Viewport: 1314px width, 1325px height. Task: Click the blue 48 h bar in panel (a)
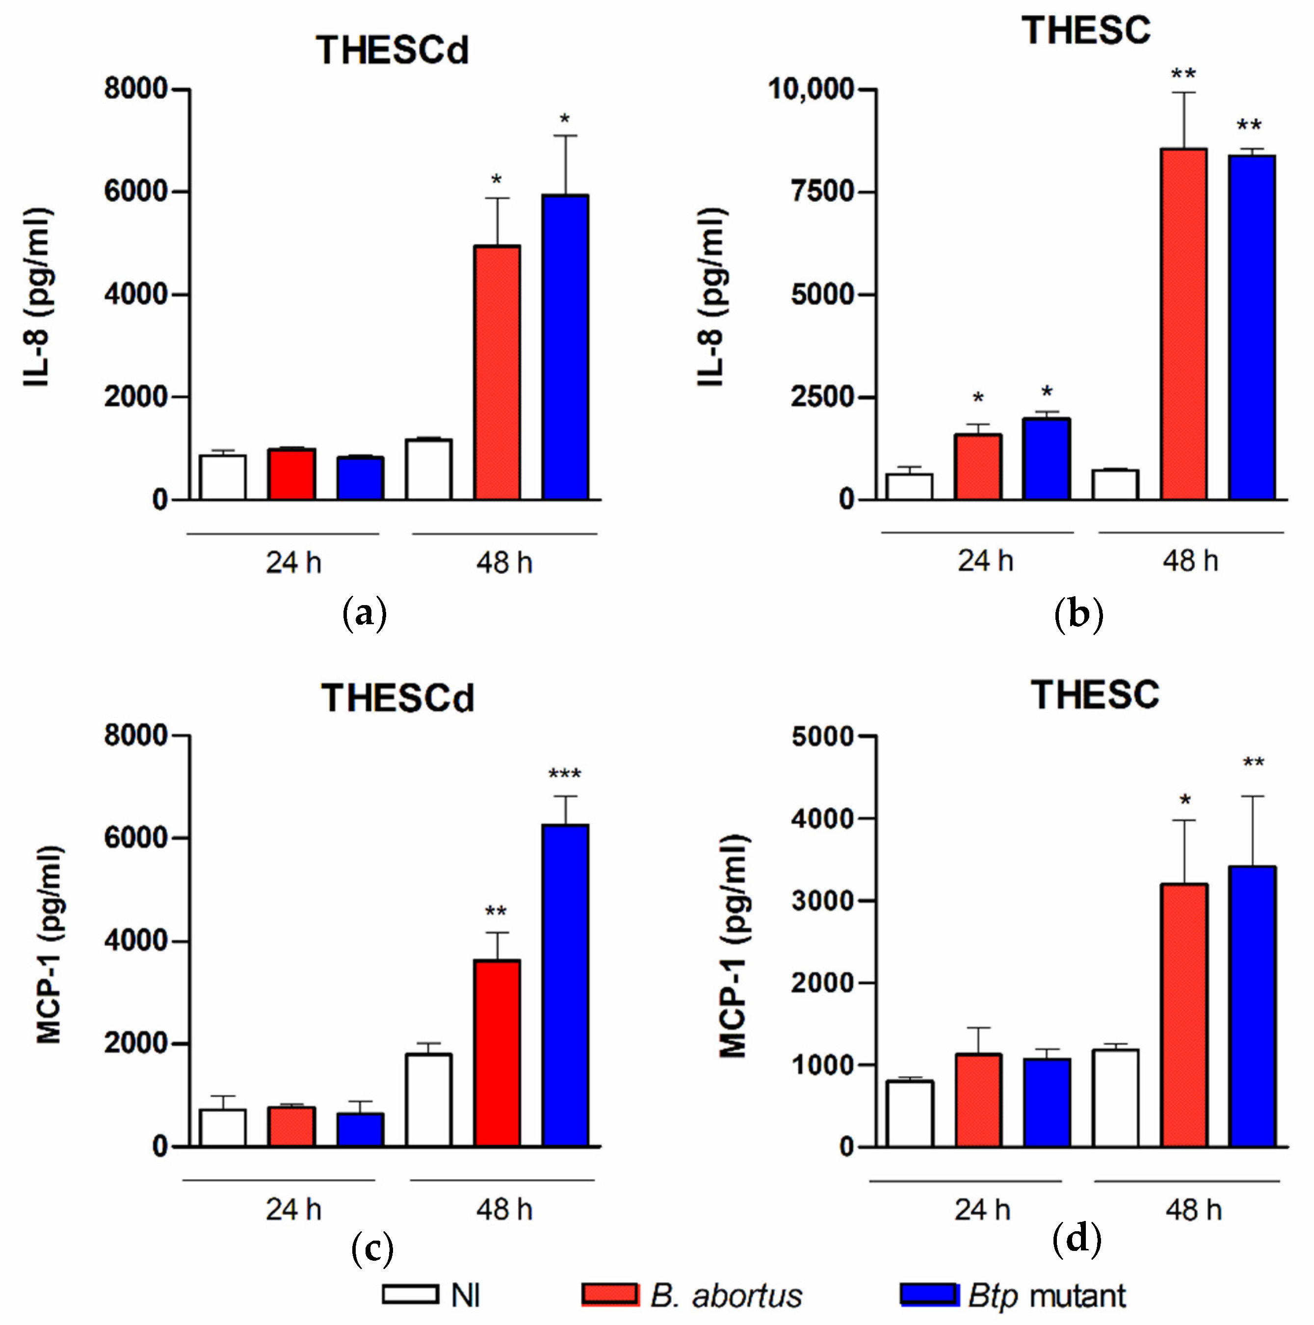565,346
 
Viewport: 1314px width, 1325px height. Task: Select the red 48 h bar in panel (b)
1183,323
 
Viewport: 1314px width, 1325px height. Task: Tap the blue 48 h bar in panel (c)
565,984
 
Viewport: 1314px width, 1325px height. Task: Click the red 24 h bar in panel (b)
978,466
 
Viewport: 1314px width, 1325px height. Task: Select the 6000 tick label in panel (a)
136,191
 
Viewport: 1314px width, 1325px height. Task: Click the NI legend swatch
410,1294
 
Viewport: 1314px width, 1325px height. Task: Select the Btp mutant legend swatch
929,1294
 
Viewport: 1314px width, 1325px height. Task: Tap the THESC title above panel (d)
1095,695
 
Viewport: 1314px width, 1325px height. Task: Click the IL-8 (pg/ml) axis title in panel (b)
711,296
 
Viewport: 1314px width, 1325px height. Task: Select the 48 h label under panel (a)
504,563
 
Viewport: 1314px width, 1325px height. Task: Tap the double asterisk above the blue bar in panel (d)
1254,763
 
